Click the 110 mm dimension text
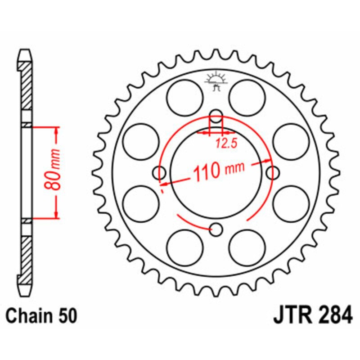pos(218,171)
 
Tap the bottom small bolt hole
pos(216,229)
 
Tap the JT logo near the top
pos(216,81)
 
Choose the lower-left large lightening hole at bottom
pos(184,247)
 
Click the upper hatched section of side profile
pos(27,85)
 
